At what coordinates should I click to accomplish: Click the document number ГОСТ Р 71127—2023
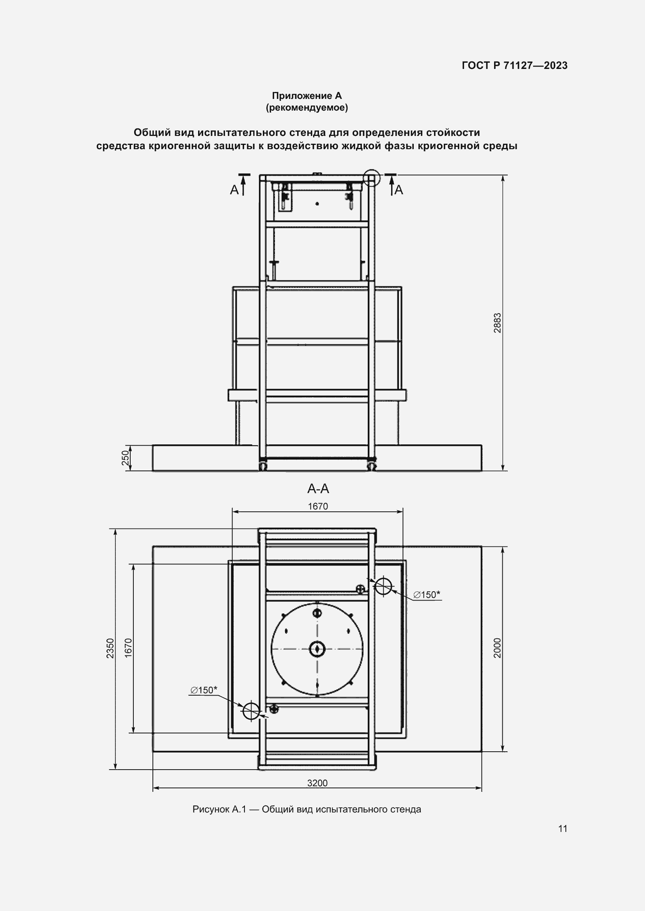coord(514,65)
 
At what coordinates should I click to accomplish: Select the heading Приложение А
coord(307,96)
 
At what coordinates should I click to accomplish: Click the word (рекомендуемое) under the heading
coord(307,107)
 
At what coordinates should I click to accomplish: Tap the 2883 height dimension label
coord(497,323)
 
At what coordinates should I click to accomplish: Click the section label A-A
coord(318,489)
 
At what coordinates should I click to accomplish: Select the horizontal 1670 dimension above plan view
coord(318,506)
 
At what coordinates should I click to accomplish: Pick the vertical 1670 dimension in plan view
coord(128,648)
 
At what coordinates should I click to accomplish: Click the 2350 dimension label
coord(110,648)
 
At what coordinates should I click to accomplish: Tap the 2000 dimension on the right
coord(497,648)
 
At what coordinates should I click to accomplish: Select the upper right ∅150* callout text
coord(427,594)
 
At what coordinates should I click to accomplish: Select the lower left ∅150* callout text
coord(203,690)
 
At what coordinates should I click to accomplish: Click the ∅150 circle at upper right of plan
coord(383,586)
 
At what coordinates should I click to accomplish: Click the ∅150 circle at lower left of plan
coord(251,711)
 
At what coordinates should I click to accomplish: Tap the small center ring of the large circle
coord(317,649)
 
